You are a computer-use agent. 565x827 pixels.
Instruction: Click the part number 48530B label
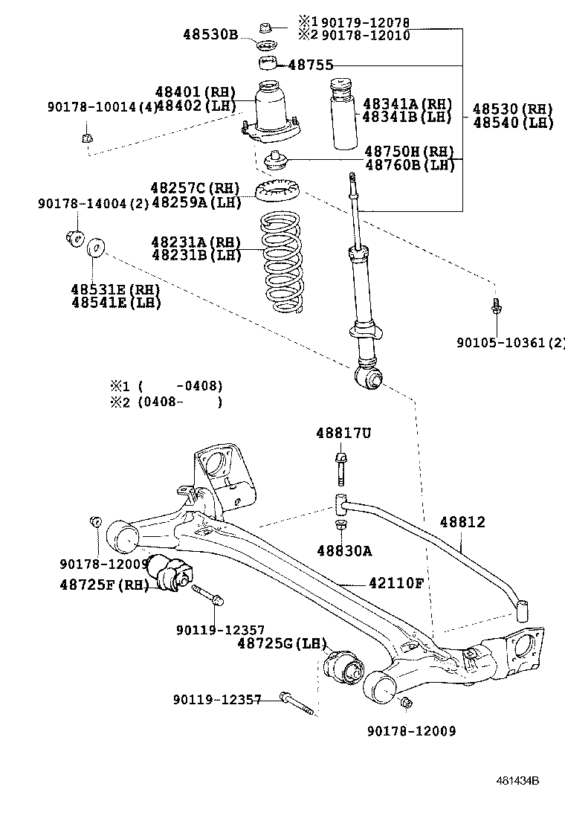pos(210,34)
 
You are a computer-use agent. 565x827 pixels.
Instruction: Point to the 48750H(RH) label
pos(409,152)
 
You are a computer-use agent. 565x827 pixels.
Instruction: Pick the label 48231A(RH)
pos(196,242)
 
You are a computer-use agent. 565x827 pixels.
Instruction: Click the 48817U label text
pos(343,433)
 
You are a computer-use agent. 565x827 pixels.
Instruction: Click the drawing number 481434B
pos(517,780)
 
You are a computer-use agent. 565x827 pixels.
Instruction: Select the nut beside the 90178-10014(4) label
pos(87,138)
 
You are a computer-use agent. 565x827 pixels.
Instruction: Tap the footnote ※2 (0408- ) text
pos(167,402)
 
